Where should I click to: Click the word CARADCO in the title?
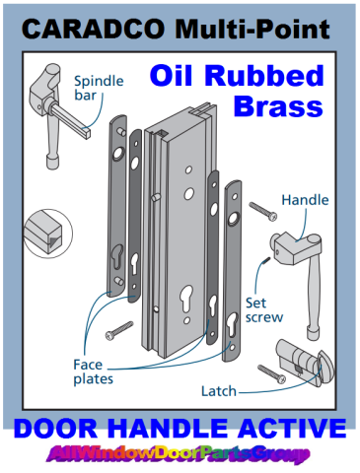pos(93,29)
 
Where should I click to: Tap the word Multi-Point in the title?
pos(252,29)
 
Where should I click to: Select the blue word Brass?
pos(278,106)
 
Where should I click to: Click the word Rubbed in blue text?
pos(264,76)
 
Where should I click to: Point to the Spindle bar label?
pos(99,88)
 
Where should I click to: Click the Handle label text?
pos(305,200)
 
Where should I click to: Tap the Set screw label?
pos(264,310)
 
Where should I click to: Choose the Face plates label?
pos(93,372)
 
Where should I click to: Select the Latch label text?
pos(219,391)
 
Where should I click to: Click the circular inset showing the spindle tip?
pos(48,234)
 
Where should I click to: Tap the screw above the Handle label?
pos(263,211)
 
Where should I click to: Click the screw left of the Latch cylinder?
pos(272,374)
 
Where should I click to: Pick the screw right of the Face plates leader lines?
pos(119,330)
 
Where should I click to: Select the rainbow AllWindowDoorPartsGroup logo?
pos(179,454)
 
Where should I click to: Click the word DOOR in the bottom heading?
pos(55,429)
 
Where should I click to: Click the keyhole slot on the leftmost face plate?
pos(116,255)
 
